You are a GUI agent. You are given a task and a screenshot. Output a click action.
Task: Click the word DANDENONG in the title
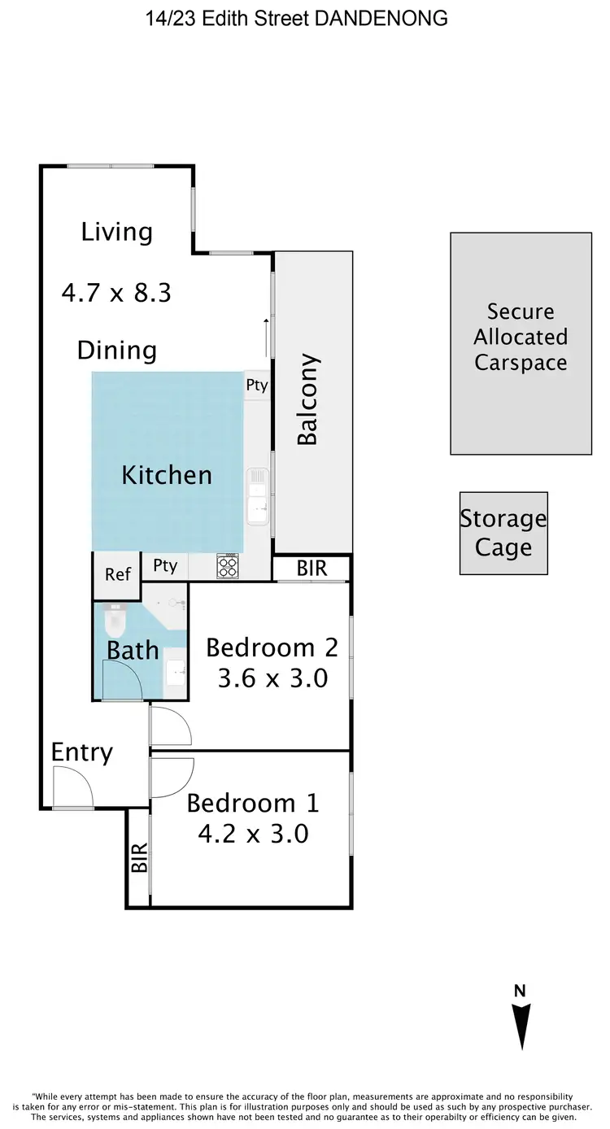pyautogui.click(x=381, y=18)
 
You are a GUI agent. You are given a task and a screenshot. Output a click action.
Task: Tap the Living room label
pyautogui.click(x=116, y=232)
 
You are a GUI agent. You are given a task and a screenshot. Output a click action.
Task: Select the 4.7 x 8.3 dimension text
pyautogui.click(x=116, y=292)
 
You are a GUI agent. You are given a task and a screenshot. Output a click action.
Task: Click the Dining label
pyautogui.click(x=116, y=351)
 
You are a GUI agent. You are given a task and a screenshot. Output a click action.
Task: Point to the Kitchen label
pyautogui.click(x=167, y=475)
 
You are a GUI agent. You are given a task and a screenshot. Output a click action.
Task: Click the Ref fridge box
pyautogui.click(x=118, y=574)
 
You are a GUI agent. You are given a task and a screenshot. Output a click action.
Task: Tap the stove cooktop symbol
pyautogui.click(x=228, y=567)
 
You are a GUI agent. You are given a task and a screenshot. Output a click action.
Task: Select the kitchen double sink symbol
pyautogui.click(x=257, y=497)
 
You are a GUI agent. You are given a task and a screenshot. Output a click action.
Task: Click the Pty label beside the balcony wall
pyautogui.click(x=256, y=386)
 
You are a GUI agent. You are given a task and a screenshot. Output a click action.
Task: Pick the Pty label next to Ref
pyautogui.click(x=164, y=566)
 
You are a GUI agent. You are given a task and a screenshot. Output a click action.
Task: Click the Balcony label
pyautogui.click(x=307, y=399)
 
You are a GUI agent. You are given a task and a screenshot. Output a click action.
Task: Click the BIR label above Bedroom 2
pyautogui.click(x=312, y=568)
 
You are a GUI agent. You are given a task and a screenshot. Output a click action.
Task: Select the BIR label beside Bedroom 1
pyautogui.click(x=140, y=857)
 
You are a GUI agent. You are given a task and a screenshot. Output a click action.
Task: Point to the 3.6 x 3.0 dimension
pyautogui.click(x=272, y=678)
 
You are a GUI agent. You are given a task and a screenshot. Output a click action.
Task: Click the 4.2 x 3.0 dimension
pyautogui.click(x=253, y=833)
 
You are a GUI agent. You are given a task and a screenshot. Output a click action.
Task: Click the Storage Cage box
pyautogui.click(x=503, y=533)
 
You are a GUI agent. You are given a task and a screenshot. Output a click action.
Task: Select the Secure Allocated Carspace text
pyautogui.click(x=521, y=337)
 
